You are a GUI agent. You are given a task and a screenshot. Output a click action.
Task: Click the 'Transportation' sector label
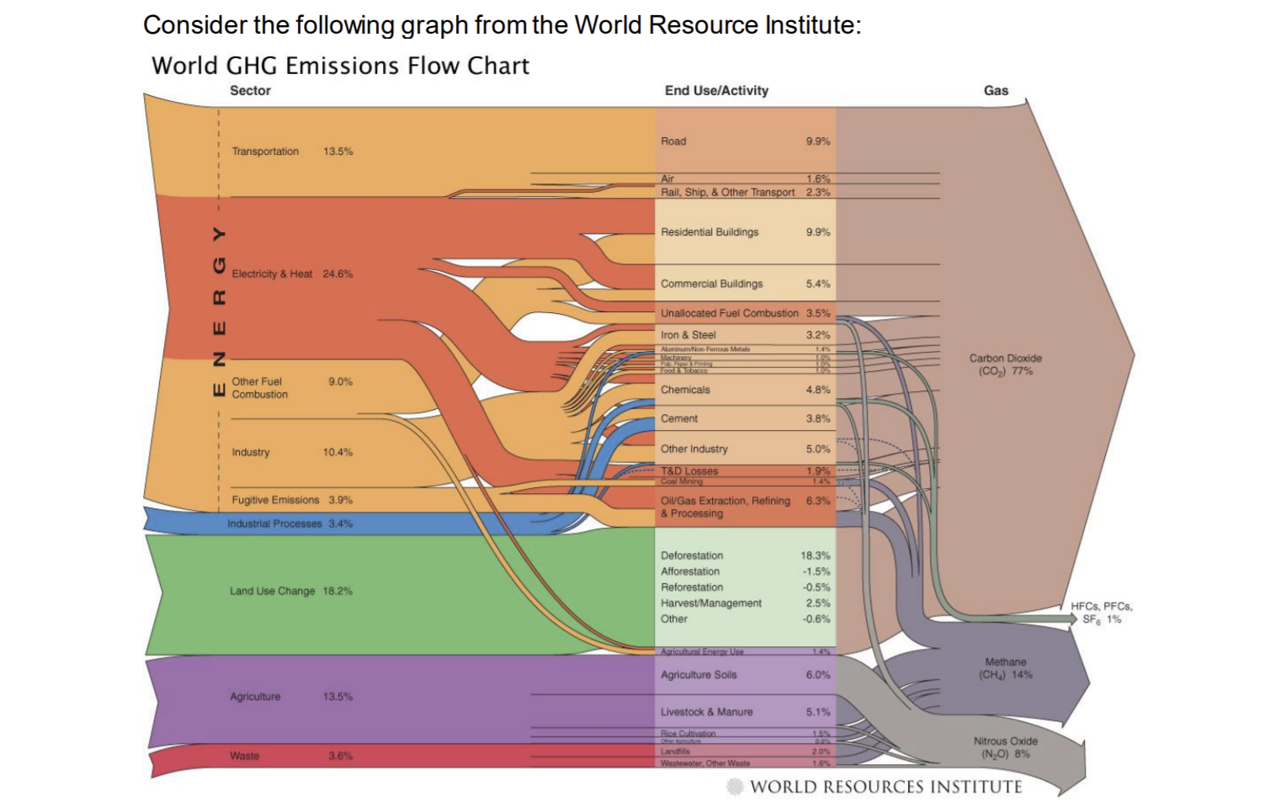click(x=265, y=151)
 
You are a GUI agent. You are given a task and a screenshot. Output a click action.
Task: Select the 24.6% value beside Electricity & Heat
click(x=337, y=274)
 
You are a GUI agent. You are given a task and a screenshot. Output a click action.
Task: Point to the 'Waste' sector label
click(x=244, y=756)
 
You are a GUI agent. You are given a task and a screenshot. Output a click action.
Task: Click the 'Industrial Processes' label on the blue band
click(x=274, y=523)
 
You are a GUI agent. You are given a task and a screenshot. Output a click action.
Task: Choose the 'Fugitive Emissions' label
click(x=275, y=500)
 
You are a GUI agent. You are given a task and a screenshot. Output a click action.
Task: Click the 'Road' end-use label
click(x=673, y=141)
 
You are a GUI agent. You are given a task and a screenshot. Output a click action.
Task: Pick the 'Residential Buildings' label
click(x=709, y=232)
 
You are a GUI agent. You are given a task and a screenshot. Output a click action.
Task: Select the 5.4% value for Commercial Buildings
click(x=818, y=284)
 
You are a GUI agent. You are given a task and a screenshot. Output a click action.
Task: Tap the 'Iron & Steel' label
click(x=688, y=335)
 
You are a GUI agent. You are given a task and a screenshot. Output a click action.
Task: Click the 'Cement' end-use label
click(x=679, y=418)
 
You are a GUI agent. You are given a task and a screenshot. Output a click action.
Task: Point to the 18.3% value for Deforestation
click(x=815, y=555)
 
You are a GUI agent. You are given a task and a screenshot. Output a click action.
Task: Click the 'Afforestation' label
click(x=690, y=571)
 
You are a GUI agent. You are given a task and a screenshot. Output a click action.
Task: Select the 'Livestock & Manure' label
click(x=706, y=712)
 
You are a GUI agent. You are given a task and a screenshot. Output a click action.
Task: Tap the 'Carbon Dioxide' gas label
click(x=1005, y=359)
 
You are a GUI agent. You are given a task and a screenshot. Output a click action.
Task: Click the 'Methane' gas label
click(x=1005, y=662)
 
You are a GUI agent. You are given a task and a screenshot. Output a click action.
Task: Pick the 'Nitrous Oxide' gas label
click(x=1005, y=741)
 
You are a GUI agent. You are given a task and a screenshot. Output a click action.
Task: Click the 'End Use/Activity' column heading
click(x=716, y=91)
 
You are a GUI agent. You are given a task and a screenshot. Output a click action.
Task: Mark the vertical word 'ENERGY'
click(x=219, y=311)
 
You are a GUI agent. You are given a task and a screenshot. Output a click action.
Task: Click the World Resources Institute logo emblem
click(x=735, y=787)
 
